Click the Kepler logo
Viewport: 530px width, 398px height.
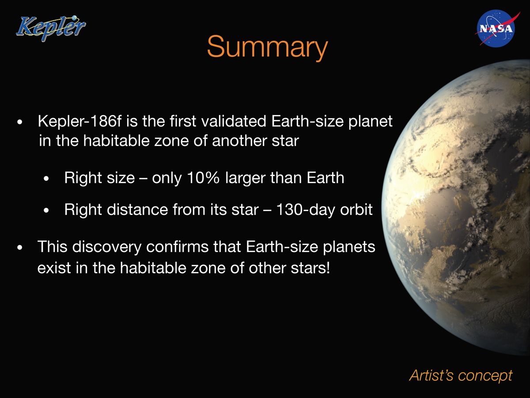(x=50, y=27)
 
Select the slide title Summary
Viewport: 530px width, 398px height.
(x=267, y=47)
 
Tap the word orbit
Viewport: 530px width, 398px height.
(x=356, y=209)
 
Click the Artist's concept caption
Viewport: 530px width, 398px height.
(x=461, y=375)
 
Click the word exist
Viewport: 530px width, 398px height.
(x=52, y=268)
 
